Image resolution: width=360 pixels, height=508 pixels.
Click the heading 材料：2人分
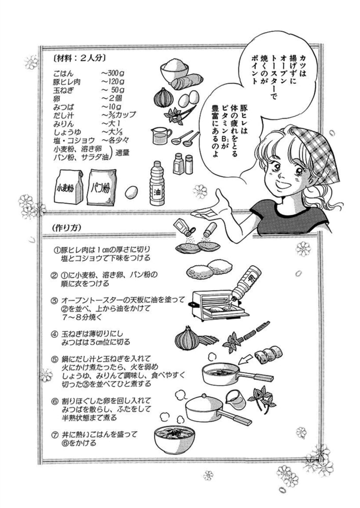tap(79, 58)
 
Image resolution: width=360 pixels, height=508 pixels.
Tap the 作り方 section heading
tap(66, 228)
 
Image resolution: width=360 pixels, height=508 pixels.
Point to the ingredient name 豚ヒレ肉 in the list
tap(67, 82)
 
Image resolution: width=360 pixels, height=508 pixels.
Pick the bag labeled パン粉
tap(102, 187)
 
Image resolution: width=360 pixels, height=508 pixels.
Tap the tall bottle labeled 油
tap(157, 183)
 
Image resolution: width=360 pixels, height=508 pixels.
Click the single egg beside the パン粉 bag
tap(131, 192)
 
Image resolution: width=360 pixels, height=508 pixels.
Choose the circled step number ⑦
tap(55, 435)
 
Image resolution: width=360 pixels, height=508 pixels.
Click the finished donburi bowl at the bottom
tap(174, 439)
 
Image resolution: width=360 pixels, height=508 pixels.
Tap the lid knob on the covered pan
tap(204, 396)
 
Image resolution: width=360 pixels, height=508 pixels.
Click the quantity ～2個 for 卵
tap(111, 98)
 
